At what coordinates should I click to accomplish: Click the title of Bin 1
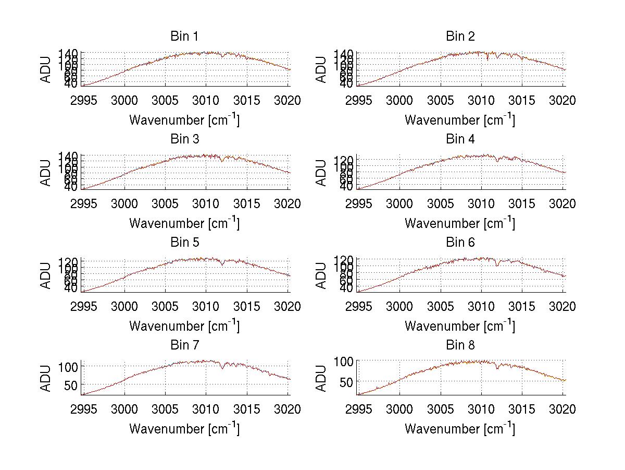tap(184, 36)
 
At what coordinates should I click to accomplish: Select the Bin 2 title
tap(460, 36)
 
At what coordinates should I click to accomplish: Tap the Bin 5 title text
tap(184, 242)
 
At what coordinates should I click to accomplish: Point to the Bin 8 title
tap(460, 345)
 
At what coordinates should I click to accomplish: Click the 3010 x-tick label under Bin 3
tap(206, 203)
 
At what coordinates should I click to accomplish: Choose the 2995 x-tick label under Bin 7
tap(83, 409)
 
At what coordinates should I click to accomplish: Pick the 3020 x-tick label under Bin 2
tap(562, 100)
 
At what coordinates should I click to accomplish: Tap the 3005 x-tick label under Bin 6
tap(441, 306)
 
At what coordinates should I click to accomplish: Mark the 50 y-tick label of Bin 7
tap(71, 385)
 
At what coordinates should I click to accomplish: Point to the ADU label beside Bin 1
tap(46, 69)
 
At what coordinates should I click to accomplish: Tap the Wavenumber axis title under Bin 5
tap(184, 326)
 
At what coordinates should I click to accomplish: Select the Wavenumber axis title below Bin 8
tap(460, 429)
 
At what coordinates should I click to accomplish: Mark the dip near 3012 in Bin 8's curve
tap(497, 368)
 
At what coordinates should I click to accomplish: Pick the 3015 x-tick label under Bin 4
tap(522, 203)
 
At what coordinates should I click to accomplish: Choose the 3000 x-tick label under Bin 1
tap(124, 100)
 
